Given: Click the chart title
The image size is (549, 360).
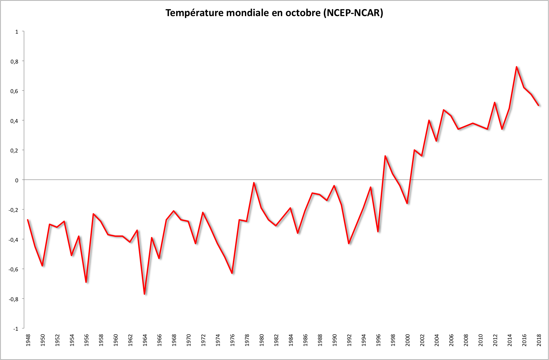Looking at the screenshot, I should pyautogui.click(x=274, y=13).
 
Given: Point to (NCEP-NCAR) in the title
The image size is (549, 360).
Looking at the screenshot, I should pyautogui.click(x=353, y=13).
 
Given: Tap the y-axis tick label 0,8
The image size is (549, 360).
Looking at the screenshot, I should pyautogui.click(x=15, y=61).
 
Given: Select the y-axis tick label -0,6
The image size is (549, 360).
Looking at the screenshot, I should pyautogui.click(x=13, y=269).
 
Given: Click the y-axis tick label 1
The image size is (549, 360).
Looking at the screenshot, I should pyautogui.click(x=17, y=32).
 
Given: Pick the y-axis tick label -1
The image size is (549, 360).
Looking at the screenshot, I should pyautogui.click(x=16, y=329).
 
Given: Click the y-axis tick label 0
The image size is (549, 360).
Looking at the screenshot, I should pyautogui.click(x=17, y=180).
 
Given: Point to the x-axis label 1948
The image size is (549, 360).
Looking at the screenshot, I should pyautogui.click(x=28, y=340).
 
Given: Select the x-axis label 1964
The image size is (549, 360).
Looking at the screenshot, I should pyautogui.click(x=145, y=340).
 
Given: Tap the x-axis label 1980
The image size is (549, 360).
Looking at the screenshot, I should pyautogui.click(x=261, y=340).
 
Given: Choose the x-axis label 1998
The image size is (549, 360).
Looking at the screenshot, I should pyautogui.click(x=393, y=340).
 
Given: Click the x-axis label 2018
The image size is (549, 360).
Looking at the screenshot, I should pyautogui.click(x=539, y=340).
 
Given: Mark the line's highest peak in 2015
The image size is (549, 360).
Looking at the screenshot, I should pyautogui.click(x=517, y=67).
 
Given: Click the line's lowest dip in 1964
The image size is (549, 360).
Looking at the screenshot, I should pyautogui.click(x=144, y=294).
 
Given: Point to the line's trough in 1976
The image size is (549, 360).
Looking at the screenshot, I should pyautogui.click(x=232, y=273).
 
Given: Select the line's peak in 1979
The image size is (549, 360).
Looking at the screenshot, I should pyautogui.click(x=254, y=183).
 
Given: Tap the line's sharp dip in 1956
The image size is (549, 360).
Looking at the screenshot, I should pyautogui.click(x=86, y=282).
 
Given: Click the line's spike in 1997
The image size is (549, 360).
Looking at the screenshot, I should pyautogui.click(x=385, y=156).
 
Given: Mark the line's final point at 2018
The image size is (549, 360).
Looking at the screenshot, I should pyautogui.click(x=538, y=105).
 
